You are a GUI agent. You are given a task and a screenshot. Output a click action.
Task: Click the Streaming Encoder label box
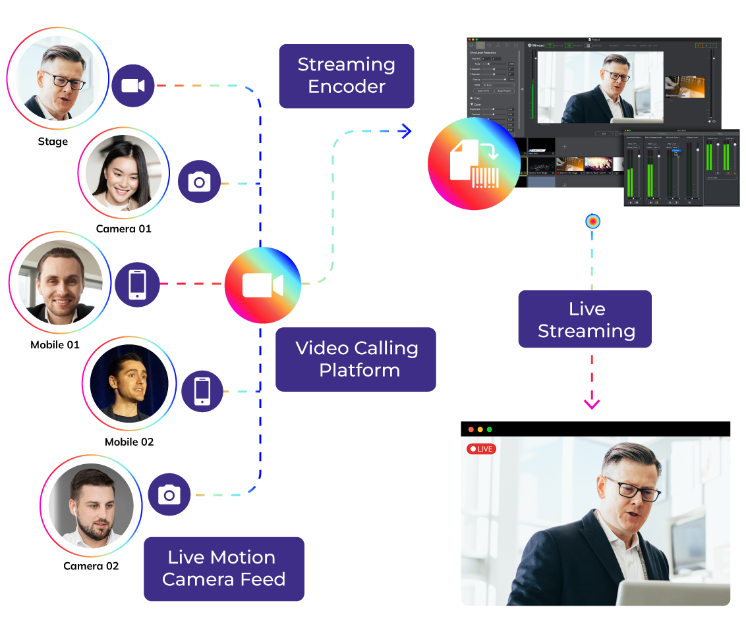click(x=346, y=76)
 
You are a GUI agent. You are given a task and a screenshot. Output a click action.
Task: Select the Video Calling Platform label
click(x=355, y=359)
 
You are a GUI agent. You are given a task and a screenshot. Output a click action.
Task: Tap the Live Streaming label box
click(x=585, y=319)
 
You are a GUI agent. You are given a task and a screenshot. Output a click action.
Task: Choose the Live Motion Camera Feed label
click(x=223, y=568)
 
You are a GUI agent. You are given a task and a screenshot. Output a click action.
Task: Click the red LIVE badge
click(x=481, y=449)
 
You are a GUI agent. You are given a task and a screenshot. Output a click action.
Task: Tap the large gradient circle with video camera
click(x=262, y=285)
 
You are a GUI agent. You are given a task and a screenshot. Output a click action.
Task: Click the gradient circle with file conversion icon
click(x=474, y=164)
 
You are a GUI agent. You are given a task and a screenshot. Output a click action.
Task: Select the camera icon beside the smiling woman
click(x=199, y=182)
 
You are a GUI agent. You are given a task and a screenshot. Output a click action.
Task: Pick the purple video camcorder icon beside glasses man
click(x=132, y=86)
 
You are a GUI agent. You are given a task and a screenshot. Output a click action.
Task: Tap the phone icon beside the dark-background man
click(x=202, y=392)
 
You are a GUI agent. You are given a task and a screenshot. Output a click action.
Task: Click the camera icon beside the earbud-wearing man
click(x=169, y=494)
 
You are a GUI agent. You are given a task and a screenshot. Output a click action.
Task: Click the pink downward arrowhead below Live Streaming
click(x=592, y=404)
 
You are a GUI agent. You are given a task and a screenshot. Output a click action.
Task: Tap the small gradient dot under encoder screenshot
click(x=593, y=222)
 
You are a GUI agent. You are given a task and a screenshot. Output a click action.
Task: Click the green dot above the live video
click(x=489, y=429)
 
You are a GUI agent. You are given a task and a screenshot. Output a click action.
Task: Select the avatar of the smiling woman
click(x=123, y=172)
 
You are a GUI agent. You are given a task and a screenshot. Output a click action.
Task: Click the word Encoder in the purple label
click(x=346, y=87)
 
